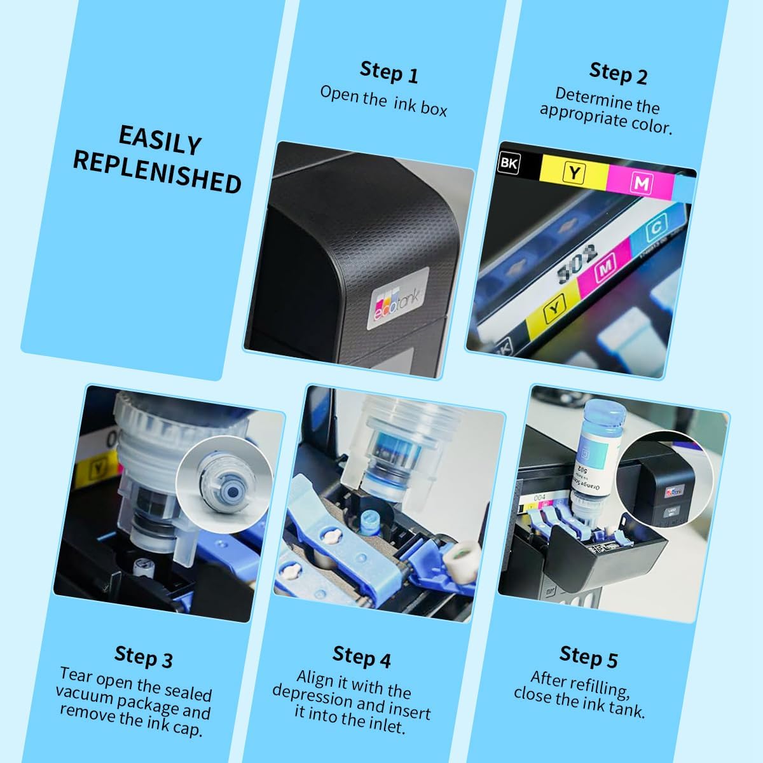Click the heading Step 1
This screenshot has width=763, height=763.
tap(389, 72)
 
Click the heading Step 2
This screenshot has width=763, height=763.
tap(618, 73)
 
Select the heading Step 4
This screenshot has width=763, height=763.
tap(362, 656)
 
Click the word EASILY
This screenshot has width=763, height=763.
tap(160, 140)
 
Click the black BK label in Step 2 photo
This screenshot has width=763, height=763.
tap(509, 163)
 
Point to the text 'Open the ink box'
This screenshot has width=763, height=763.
tap(383, 101)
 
